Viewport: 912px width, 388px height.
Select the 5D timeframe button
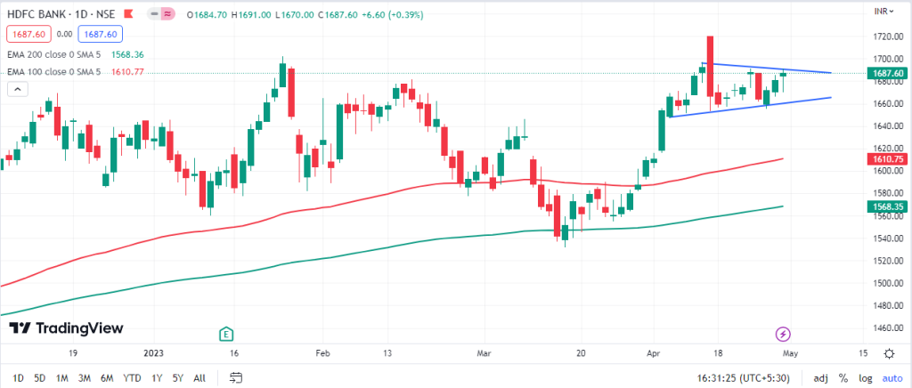tap(39, 378)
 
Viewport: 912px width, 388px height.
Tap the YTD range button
tap(132, 378)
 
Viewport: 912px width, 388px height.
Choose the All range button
tap(199, 378)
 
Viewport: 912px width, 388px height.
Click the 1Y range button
tap(157, 378)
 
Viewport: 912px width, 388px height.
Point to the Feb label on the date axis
tap(322, 353)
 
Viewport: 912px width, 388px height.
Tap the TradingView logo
tap(66, 328)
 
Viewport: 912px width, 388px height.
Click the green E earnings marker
tap(226, 334)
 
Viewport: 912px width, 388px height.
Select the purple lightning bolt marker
tap(782, 334)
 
